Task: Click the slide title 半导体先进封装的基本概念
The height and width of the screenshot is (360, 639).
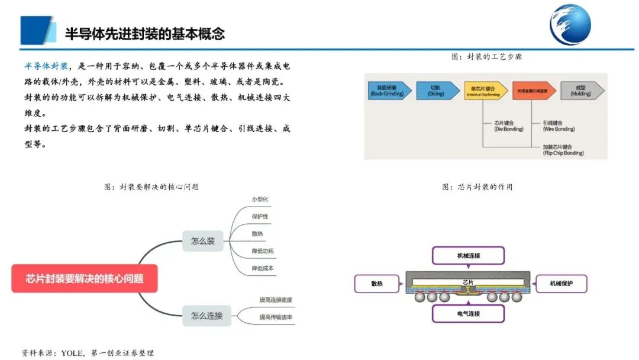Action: [x=145, y=33]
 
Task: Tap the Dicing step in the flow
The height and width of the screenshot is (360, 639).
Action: [x=437, y=91]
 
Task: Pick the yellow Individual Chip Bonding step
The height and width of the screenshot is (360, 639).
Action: [x=486, y=91]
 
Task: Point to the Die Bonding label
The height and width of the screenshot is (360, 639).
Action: [x=506, y=126]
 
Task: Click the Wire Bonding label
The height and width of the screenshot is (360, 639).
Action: [x=559, y=126]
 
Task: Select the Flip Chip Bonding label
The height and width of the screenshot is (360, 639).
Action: [x=563, y=149]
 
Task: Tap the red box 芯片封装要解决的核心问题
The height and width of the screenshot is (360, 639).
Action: [x=85, y=278]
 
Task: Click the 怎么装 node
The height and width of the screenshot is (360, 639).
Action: [x=203, y=241]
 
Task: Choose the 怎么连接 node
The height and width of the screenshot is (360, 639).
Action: [x=206, y=316]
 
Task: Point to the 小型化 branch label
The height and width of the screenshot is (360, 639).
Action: [x=260, y=199]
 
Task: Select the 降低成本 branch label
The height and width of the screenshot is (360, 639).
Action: [x=263, y=268]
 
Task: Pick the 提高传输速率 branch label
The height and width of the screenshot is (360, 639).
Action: [x=276, y=317]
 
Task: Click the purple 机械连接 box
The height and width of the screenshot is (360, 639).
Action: [x=469, y=255]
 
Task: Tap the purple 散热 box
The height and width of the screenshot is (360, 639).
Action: [x=377, y=284]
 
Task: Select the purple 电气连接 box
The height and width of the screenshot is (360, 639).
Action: [x=469, y=313]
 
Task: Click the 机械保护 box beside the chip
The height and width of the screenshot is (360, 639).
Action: [x=561, y=284]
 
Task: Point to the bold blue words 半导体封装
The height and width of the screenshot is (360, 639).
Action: [x=46, y=65]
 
